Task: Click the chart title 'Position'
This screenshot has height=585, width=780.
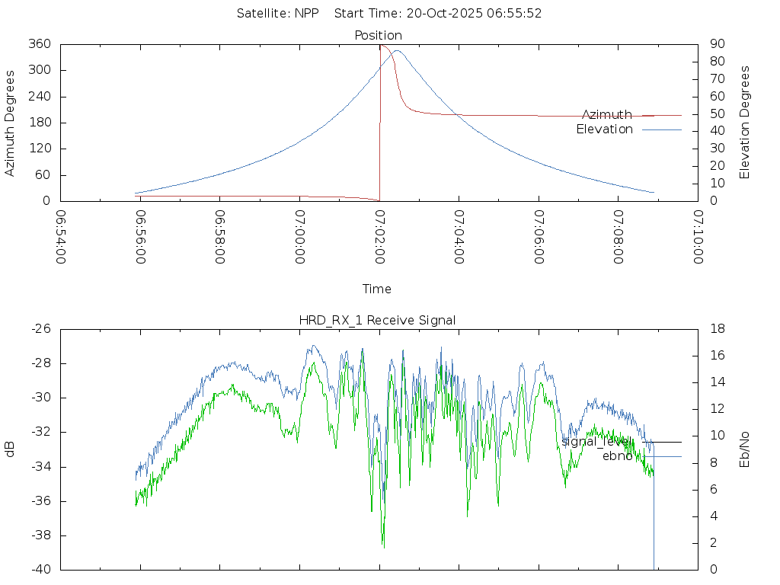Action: click(378, 35)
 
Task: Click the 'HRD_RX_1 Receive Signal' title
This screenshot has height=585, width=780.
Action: click(377, 320)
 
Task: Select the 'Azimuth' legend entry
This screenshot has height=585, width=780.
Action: click(607, 114)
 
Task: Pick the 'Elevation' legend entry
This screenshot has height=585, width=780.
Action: click(604, 129)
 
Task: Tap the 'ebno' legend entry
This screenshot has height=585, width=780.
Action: click(617, 456)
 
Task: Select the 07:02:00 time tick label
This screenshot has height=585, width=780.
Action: click(379, 237)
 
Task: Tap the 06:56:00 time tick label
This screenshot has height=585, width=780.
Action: click(140, 237)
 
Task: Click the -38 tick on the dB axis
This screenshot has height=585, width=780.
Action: click(40, 535)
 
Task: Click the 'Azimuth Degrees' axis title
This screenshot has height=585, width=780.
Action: click(11, 123)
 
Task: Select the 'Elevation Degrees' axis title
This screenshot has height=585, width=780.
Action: click(745, 123)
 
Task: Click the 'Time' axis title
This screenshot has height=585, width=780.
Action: click(377, 289)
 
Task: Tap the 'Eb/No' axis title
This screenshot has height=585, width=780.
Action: click(745, 449)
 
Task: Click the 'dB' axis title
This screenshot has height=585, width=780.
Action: click(11, 449)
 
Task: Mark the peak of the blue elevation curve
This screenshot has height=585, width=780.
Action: click(396, 51)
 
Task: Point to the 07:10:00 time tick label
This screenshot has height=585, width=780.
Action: click(698, 237)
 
